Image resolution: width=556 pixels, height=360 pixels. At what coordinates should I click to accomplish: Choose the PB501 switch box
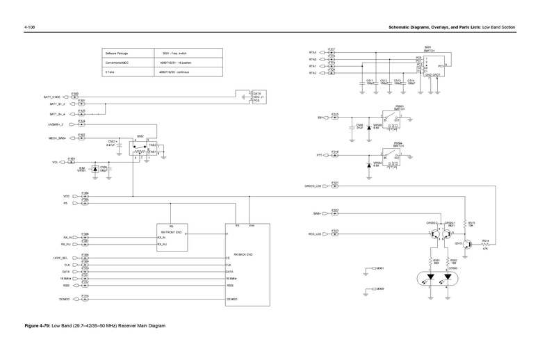[x=389, y=120]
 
